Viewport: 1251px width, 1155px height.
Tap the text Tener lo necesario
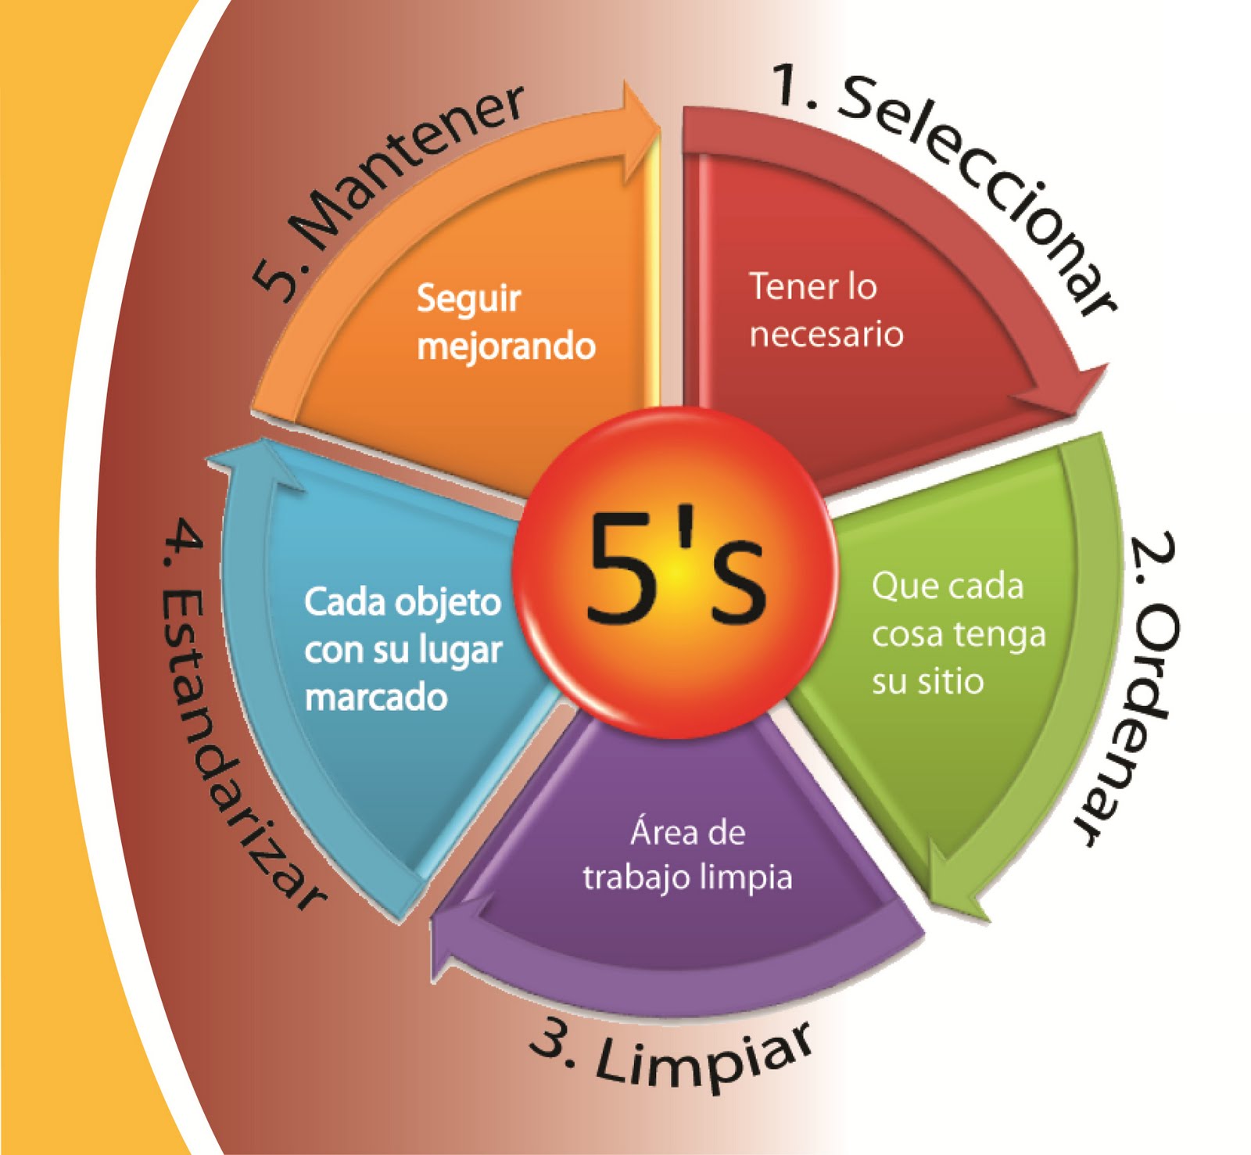pos(825,310)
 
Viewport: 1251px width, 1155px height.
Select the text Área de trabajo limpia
pos(687,855)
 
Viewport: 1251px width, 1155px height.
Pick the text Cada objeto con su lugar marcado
pos(402,649)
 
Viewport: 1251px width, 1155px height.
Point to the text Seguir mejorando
pos(505,321)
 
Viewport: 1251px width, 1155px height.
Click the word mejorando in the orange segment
pos(506,346)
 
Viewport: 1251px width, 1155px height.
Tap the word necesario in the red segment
pos(826,334)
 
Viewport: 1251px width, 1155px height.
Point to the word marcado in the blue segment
pos(375,696)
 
